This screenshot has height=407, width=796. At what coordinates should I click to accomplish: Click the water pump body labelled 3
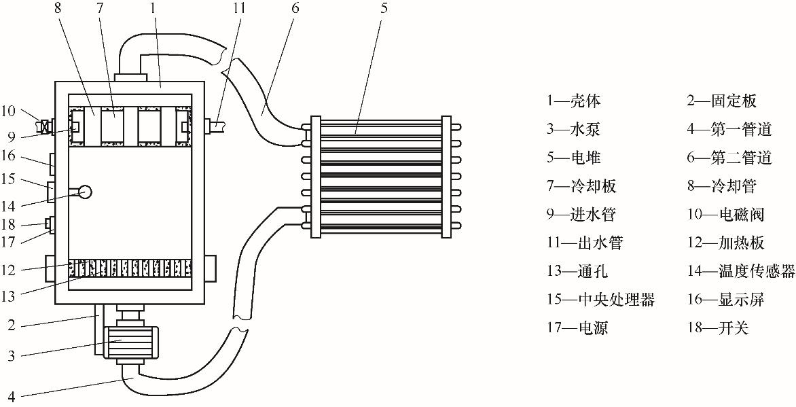(x=131, y=342)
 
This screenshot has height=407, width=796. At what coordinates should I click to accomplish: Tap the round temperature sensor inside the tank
(x=84, y=192)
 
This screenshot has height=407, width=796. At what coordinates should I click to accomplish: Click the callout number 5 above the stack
(x=384, y=9)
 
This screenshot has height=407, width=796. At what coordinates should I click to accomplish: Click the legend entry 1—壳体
(x=573, y=101)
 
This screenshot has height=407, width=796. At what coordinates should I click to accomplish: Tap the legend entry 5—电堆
(x=573, y=158)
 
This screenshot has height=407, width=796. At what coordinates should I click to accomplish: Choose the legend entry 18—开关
(x=718, y=328)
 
